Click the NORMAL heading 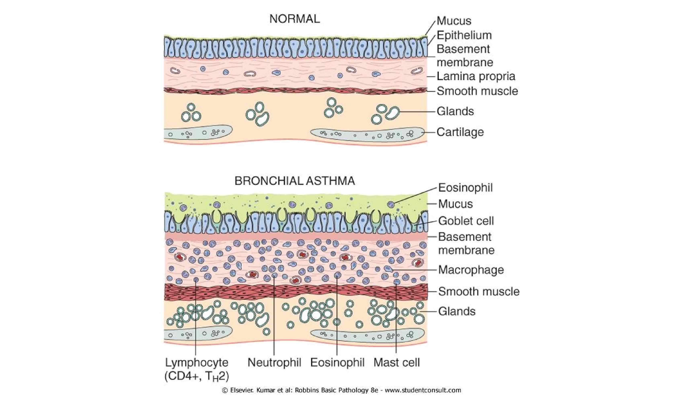coord(295,19)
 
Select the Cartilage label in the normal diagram coord(460,132)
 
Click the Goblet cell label coord(466,221)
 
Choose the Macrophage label coord(471,270)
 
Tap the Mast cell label coord(396,363)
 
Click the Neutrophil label coord(274,363)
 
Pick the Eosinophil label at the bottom coord(337,363)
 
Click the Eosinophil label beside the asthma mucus coord(465,188)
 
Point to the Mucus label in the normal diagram coord(454,21)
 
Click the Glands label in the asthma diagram coord(457,311)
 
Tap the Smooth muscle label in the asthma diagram coord(479,291)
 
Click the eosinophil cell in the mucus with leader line coord(391,204)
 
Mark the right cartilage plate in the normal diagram coord(366,134)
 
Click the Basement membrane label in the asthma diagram coord(466,243)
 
